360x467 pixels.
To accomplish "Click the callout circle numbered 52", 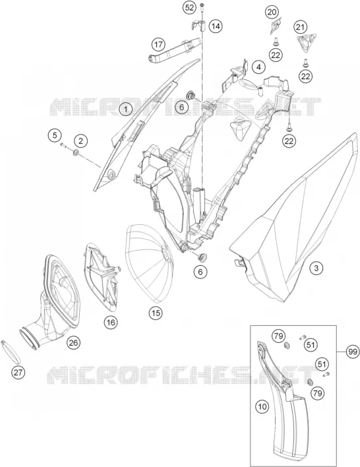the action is click(189, 7).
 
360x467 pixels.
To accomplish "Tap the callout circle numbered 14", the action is click(216, 26).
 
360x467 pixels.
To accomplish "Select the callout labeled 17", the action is click(158, 45).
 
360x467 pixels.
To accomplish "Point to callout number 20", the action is click(272, 13).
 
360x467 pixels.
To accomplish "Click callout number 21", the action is click(300, 28).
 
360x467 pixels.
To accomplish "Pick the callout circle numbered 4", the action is click(258, 67).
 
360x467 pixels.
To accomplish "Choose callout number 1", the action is click(126, 109).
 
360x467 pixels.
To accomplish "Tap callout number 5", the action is click(55, 135).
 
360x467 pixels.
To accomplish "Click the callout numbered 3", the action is click(316, 268).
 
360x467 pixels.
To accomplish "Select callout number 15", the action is click(156, 313).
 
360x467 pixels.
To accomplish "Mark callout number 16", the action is click(111, 323).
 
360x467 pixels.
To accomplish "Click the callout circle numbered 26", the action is click(73, 342).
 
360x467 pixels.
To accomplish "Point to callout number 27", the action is click(18, 372).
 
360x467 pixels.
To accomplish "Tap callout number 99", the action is click(353, 352).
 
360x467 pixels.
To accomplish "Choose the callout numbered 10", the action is click(262, 406).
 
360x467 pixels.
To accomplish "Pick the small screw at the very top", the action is click(202, 5).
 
